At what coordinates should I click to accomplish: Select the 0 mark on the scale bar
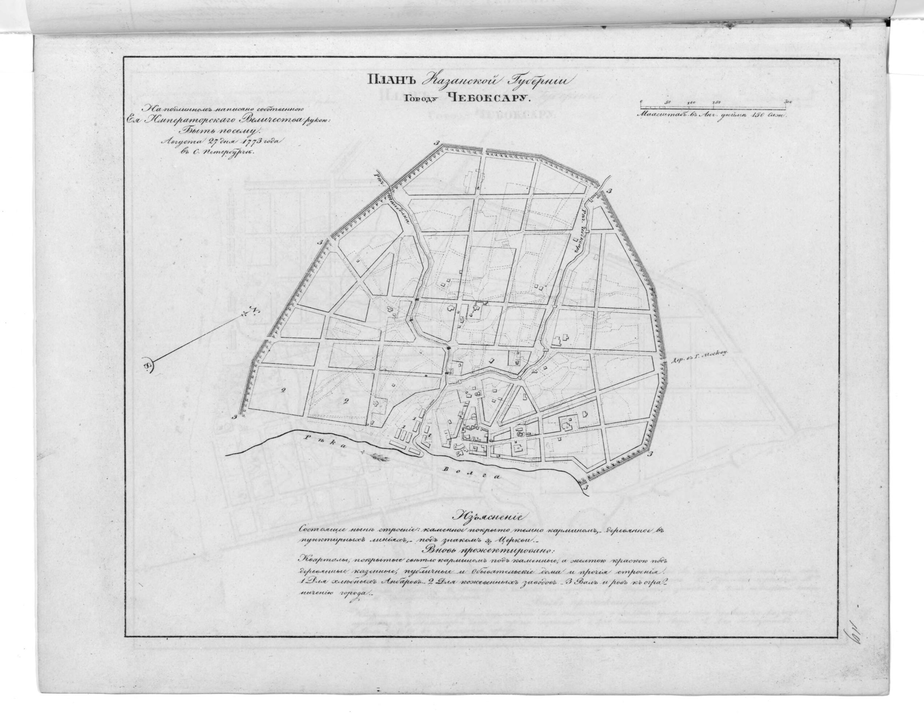pyautogui.click(x=642, y=102)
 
